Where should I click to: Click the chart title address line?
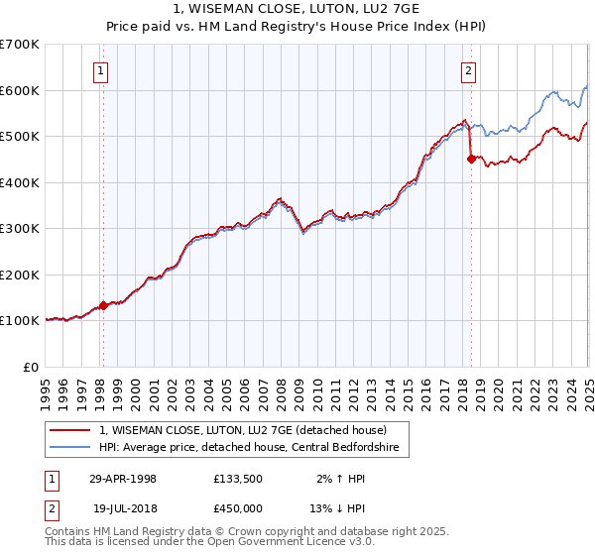click(x=297, y=10)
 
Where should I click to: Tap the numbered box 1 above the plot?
click(x=102, y=69)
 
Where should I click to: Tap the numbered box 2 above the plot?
click(x=468, y=69)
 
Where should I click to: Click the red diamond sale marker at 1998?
click(x=103, y=305)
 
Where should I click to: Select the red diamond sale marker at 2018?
click(x=471, y=159)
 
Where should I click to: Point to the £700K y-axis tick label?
click(x=20, y=45)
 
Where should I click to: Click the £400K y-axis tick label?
click(x=20, y=182)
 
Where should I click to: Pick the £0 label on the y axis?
click(x=30, y=367)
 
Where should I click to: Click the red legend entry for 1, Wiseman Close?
click(x=248, y=430)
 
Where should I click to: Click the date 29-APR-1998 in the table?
click(x=123, y=479)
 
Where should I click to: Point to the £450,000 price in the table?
click(x=239, y=509)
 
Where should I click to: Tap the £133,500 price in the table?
click(x=239, y=479)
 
